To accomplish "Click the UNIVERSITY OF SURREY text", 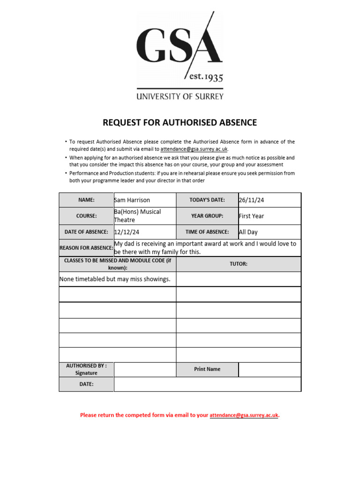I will [180, 97].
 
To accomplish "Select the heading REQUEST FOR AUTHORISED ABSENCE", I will [180, 123].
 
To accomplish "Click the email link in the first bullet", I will [194, 149].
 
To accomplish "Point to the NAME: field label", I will [86, 200].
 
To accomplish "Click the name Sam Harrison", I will [132, 200].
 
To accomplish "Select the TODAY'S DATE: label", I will [207, 200].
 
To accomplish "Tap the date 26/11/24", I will [252, 200].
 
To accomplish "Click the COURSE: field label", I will [86, 216].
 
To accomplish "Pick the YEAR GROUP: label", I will [207, 216].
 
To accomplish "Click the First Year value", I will [252, 216].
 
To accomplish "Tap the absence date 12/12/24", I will [127, 232].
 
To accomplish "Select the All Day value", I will [248, 232].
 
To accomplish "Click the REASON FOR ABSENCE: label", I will [86, 248].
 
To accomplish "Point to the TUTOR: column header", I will [238, 264].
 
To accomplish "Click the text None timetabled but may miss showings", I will [115, 279].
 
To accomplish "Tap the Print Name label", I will [207, 369].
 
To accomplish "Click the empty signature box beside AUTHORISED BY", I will [145, 369].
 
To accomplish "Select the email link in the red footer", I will [244, 415].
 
